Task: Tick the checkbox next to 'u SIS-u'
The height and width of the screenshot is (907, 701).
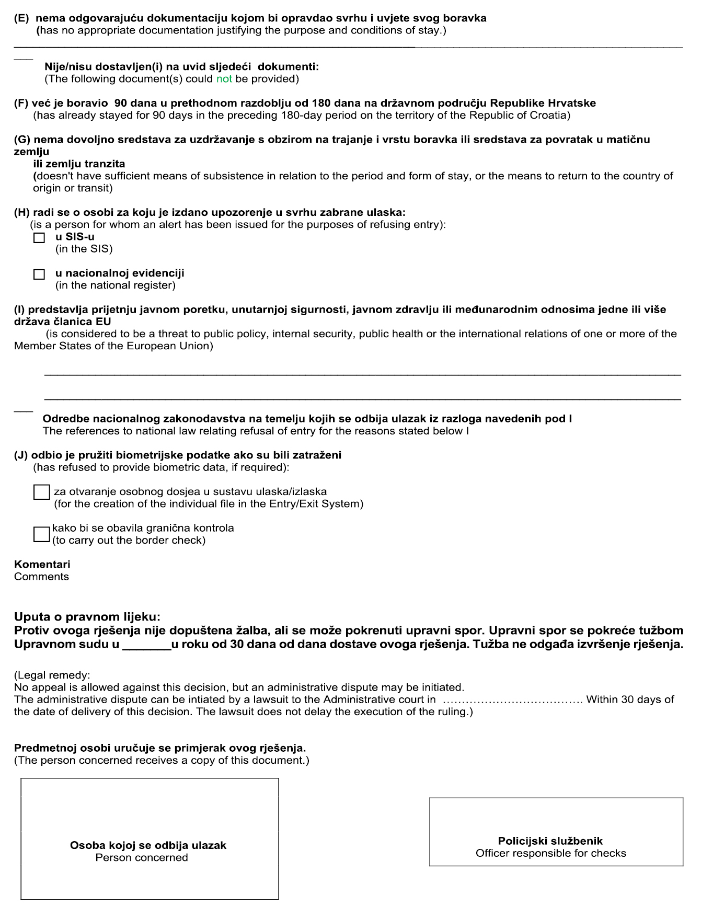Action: click(39, 238)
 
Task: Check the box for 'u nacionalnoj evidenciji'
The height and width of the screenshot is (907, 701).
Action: click(39, 274)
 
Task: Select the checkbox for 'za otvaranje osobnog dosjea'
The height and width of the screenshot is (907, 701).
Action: click(41, 492)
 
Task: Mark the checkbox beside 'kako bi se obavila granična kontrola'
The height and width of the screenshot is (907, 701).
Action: click(41, 534)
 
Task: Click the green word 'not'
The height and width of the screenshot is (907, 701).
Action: click(224, 79)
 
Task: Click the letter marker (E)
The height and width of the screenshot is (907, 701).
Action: click(21, 18)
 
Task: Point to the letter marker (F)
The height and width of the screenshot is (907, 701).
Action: click(21, 103)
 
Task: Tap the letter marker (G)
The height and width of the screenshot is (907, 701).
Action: click(22, 140)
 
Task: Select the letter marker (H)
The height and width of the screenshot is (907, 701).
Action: click(22, 212)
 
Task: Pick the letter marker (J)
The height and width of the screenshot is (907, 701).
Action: click(21, 455)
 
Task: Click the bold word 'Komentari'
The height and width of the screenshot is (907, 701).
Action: click(42, 565)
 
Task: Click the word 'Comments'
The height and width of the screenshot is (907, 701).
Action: click(41, 577)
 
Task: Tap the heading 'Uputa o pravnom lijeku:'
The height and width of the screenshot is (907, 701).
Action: click(87, 617)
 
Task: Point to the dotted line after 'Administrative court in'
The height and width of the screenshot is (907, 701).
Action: click(512, 700)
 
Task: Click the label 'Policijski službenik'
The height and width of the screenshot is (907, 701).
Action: click(550, 841)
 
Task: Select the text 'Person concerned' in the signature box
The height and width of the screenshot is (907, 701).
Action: click(142, 857)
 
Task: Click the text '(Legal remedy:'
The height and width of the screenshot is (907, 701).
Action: click(52, 675)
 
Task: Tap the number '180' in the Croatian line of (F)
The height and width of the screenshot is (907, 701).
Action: click(321, 103)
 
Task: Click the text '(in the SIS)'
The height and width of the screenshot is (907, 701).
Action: click(84, 249)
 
